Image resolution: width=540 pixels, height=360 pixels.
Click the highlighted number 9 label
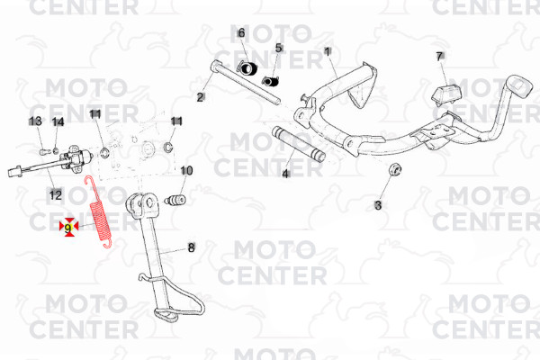[x=67, y=228]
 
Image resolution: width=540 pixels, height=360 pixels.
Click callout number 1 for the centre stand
[x=328, y=51]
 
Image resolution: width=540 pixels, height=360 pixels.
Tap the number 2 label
[x=200, y=97]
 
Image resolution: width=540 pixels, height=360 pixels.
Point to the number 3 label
[x=378, y=205]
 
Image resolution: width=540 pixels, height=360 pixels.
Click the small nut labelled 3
[x=395, y=169]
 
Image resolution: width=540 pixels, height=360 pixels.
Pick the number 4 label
[x=285, y=174]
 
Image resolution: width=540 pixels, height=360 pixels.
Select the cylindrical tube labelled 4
[x=299, y=144]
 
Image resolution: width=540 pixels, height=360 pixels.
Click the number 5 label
[x=279, y=48]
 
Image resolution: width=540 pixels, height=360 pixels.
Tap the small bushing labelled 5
[x=271, y=82]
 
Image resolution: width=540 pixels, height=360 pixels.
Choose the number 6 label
[x=241, y=33]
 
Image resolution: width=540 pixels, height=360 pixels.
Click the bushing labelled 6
[x=247, y=67]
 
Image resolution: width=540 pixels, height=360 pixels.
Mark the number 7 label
[x=439, y=57]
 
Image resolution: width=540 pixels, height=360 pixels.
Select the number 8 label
[x=191, y=247]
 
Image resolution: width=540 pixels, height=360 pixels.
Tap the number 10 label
[x=186, y=170]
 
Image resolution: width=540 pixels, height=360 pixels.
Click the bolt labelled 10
[x=175, y=200]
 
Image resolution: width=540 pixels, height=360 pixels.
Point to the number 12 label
[x=56, y=195]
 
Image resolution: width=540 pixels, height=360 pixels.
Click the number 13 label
[x=35, y=121]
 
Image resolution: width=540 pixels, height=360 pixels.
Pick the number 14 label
[x=58, y=122]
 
